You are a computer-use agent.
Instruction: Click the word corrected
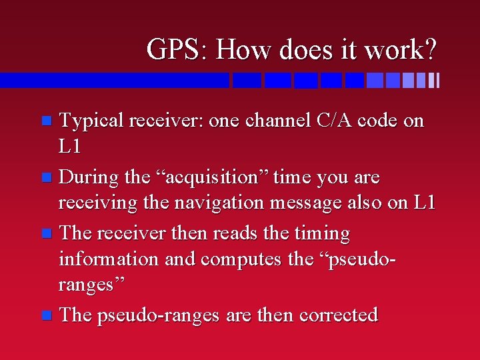click(x=339, y=315)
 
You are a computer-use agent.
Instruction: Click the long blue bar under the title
click(x=113, y=81)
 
